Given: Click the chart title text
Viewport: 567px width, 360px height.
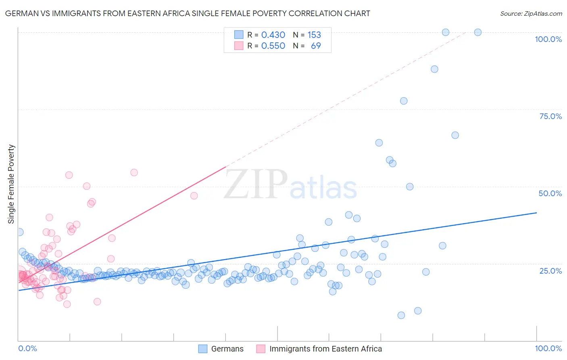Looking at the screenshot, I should [187, 13].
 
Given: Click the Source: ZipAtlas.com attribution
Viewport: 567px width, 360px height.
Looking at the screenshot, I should [531, 13].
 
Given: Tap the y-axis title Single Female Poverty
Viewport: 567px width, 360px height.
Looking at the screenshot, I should [11, 184].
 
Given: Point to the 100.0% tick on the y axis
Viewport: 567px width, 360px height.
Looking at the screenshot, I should [548, 39].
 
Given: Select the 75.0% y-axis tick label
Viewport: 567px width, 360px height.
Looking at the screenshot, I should [550, 116].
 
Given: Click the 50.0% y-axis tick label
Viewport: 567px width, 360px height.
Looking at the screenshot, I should [550, 193].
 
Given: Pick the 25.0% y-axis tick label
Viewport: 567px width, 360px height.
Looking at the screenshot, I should [550, 270].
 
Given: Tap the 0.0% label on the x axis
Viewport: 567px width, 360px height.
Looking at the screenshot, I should [27, 348].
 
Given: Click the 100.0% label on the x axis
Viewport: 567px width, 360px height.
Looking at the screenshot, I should [548, 348].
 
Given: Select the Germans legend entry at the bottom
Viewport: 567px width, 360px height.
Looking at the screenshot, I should [227, 349].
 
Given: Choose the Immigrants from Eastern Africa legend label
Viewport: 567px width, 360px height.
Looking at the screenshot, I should [325, 349].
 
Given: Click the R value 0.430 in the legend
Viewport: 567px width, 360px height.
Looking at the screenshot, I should [273, 35].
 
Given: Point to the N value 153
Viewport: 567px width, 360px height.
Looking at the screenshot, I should [314, 35].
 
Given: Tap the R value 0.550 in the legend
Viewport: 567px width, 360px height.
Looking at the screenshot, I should [273, 46].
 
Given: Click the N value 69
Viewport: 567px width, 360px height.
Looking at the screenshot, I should [316, 46].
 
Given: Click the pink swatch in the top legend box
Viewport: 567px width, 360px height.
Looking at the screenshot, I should [239, 46].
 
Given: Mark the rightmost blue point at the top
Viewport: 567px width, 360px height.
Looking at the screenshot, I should [477, 32].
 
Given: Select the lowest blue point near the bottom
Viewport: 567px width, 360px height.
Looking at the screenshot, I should [401, 315].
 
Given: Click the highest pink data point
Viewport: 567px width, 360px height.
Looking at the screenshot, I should [134, 172].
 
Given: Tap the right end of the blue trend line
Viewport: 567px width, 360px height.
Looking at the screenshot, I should [536, 212].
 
